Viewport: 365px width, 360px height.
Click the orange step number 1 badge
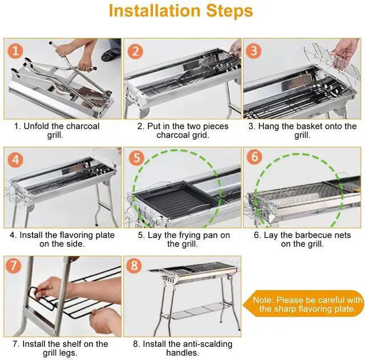(15, 51)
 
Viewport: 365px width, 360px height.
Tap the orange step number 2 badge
(135, 51)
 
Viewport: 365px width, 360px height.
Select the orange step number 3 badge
(254, 51)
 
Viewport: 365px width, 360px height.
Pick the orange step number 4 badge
(15, 160)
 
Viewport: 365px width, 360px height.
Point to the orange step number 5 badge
(137, 157)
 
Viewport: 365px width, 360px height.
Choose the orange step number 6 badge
(255, 156)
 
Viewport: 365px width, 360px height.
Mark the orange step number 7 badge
(14, 265)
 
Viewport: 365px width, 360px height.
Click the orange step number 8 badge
(134, 265)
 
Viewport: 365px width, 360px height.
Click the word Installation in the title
(155, 10)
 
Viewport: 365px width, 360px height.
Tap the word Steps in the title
(229, 11)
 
